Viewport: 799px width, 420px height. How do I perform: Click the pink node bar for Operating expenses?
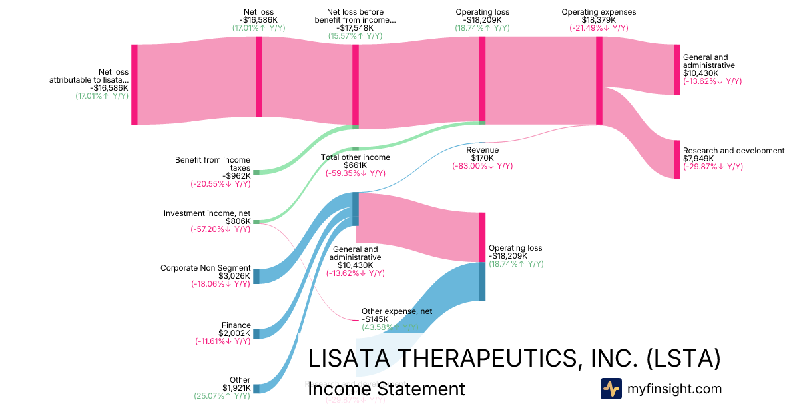pos(599,81)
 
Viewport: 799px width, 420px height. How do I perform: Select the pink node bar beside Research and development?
pos(677,159)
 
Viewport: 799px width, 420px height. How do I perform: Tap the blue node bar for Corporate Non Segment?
pos(256,277)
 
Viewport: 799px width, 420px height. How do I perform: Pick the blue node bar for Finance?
pos(256,333)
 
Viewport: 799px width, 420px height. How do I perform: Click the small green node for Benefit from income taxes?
pos(256,172)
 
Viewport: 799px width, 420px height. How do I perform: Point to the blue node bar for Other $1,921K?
pos(256,389)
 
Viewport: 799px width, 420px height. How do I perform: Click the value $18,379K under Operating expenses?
pos(598,20)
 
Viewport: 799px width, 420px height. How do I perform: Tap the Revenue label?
pos(482,149)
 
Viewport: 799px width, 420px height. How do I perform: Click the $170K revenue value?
pos(482,158)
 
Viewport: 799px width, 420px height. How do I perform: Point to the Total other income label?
pos(356,157)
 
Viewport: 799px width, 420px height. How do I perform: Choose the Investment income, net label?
pos(207,213)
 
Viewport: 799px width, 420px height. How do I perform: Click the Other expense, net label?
pos(397,311)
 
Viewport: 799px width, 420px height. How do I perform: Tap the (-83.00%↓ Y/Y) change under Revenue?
pos(482,166)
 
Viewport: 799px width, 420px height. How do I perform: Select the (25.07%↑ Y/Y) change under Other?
pos(222,396)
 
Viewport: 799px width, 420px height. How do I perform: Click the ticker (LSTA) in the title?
pos(684,359)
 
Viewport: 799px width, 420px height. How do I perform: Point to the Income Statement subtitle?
pos(386,389)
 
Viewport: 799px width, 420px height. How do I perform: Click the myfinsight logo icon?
pos(611,389)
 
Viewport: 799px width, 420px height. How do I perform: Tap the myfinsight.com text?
pos(674,389)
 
